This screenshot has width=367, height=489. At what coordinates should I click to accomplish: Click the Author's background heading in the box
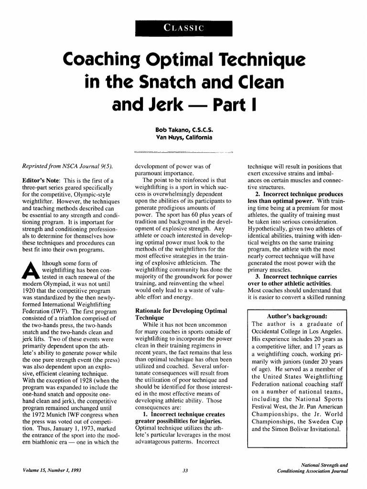coord(297,316)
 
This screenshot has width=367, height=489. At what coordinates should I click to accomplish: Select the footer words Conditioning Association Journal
coord(313,471)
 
